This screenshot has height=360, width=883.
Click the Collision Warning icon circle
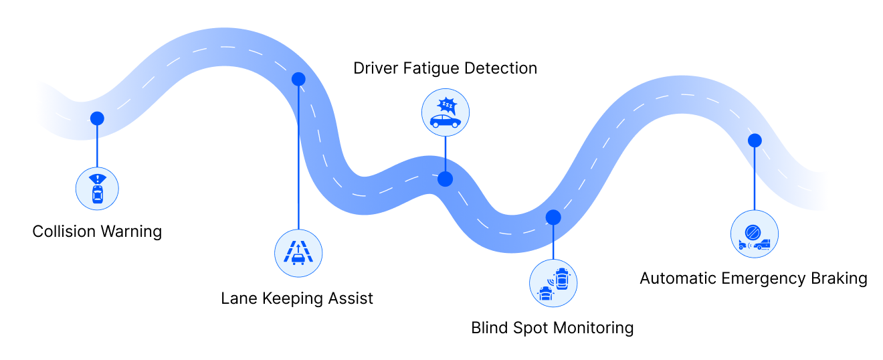(97, 189)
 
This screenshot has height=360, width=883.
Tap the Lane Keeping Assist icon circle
(298, 253)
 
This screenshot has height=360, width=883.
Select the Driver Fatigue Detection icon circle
(446, 112)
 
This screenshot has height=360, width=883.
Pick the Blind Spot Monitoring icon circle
(553, 283)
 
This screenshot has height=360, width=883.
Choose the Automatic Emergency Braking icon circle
(755, 234)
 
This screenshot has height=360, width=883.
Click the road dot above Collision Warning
(97, 118)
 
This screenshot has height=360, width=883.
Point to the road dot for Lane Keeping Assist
(298, 79)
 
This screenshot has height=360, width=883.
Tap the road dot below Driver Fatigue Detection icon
(445, 179)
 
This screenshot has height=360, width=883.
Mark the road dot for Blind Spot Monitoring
(553, 217)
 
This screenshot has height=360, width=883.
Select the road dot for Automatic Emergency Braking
(755, 141)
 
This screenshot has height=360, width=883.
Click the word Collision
(63, 232)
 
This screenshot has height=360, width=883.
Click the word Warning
(130, 232)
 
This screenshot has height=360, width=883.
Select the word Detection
(500, 68)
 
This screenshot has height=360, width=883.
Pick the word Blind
(489, 328)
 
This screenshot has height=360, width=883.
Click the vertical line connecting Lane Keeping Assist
(298, 158)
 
